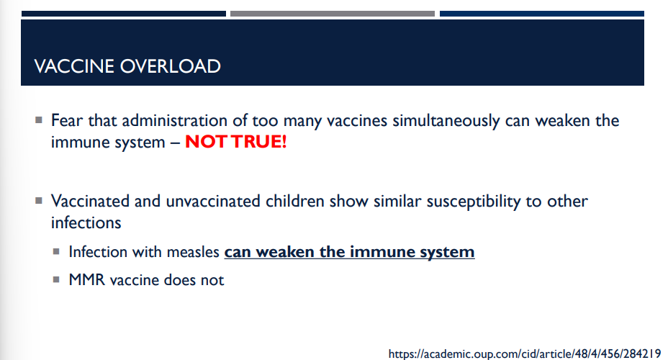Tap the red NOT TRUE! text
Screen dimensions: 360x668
[x=236, y=142]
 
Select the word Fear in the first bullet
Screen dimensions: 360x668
[x=67, y=120]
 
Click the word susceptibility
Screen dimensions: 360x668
[x=466, y=201]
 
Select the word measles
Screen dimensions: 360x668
[x=195, y=252]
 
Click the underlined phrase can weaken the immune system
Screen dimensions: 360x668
[x=349, y=252]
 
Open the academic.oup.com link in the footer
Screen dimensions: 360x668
[x=524, y=354]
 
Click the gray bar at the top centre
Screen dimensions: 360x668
[x=332, y=13]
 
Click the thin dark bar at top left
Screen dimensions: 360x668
[x=123, y=13]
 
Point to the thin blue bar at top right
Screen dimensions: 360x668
[x=541, y=13]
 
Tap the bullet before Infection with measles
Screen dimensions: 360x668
[x=56, y=252]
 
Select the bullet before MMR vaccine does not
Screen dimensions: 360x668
[x=56, y=279]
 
